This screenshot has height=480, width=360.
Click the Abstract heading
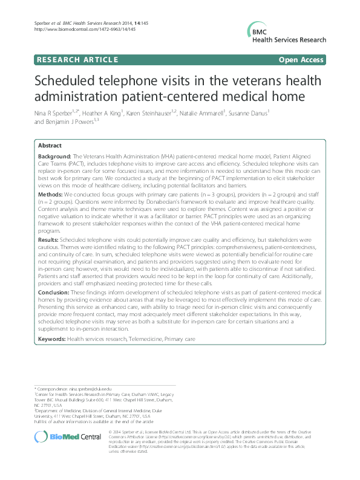point(50,146)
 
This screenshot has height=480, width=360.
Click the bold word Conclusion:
point(54,292)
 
